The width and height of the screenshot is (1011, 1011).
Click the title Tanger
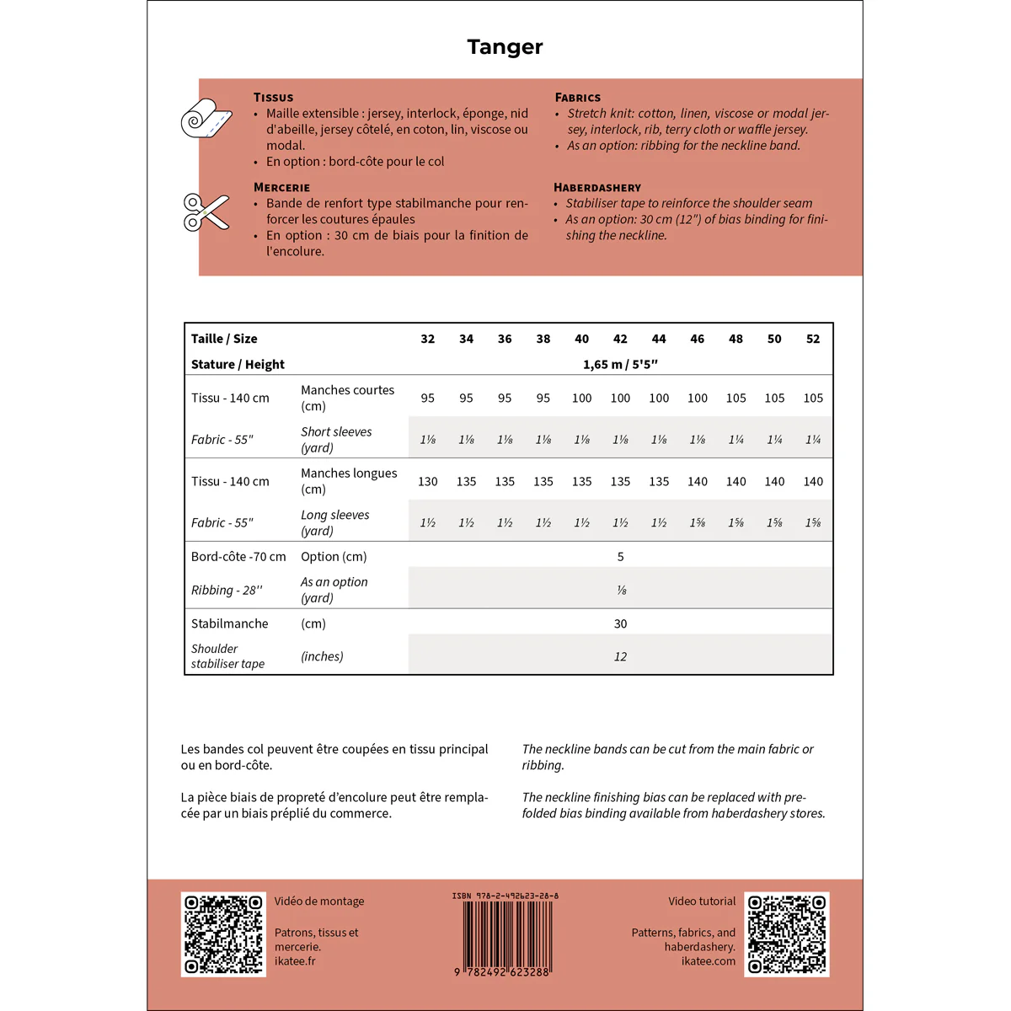[x=505, y=47]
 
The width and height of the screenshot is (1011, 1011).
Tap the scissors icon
[x=206, y=211]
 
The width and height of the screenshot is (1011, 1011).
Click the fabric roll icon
[x=206, y=119]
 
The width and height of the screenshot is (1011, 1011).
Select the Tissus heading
[x=273, y=98]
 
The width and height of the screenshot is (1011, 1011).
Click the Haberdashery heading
[x=597, y=188]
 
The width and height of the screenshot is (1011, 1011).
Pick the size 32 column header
[x=428, y=339]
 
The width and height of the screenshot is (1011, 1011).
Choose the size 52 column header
[x=813, y=339]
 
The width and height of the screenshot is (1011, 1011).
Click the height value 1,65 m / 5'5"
[x=620, y=364]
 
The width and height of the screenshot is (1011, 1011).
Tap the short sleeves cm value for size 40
[x=581, y=398]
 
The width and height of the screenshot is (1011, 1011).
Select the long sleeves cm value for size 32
[x=428, y=481]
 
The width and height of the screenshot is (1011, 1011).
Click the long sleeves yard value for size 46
[x=698, y=522]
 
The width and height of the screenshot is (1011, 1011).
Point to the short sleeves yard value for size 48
[x=736, y=439]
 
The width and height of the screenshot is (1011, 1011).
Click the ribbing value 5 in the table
[x=621, y=557]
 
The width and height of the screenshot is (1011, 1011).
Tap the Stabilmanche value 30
[x=621, y=623]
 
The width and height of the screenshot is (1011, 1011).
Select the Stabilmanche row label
[x=230, y=623]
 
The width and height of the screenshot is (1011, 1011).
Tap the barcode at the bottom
[x=505, y=935]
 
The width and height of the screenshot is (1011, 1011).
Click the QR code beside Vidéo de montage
[x=223, y=934]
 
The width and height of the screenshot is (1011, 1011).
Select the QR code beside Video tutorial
[x=787, y=934]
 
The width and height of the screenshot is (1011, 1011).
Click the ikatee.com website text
[x=708, y=961]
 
